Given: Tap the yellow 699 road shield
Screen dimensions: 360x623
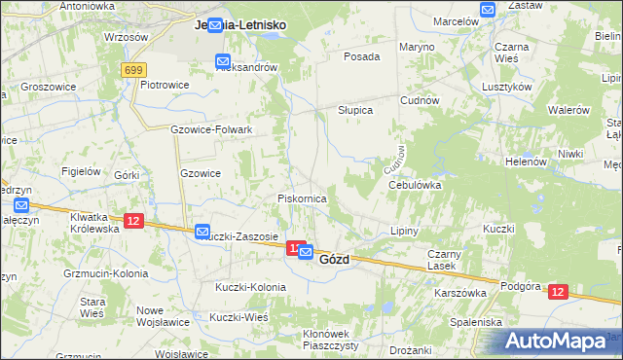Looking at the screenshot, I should point(134,70).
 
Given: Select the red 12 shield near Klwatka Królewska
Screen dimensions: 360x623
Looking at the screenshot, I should point(134,221).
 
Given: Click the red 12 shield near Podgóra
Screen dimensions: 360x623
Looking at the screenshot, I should point(557,291).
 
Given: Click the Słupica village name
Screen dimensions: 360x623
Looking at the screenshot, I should point(355,111).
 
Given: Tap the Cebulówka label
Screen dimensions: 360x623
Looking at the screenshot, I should point(415,184).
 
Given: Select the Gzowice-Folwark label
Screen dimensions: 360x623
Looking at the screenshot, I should point(211,129).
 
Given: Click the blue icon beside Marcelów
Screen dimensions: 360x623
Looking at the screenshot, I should point(489,10).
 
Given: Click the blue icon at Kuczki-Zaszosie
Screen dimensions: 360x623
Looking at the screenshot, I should point(202,232).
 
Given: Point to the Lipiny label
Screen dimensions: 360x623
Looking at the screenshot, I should point(403,232).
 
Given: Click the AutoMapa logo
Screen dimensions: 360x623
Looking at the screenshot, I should point(558,341).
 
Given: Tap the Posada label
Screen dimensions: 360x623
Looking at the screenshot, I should point(361,56).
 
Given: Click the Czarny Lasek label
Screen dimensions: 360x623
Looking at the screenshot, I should point(441,260).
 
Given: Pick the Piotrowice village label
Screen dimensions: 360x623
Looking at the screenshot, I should point(164,85).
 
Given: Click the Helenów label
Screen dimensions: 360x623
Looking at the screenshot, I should point(527,162).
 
